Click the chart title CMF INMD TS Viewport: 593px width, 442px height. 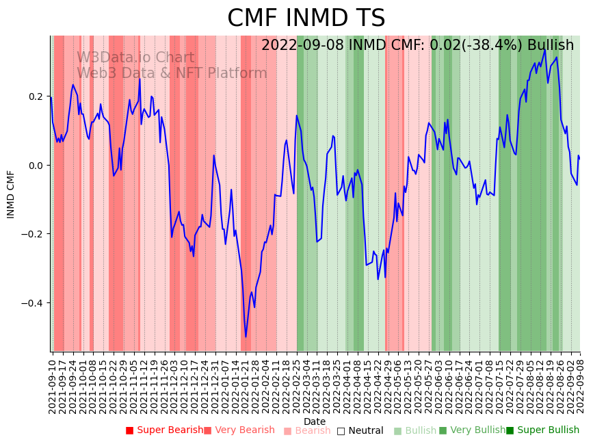[x=306, y=18]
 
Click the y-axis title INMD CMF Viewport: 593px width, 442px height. [x=11, y=194]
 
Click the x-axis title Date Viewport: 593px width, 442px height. [x=315, y=421]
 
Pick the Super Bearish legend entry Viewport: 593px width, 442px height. [x=164, y=430]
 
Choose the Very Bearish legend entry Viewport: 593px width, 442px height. [x=239, y=430]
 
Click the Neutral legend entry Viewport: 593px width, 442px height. [x=360, y=430]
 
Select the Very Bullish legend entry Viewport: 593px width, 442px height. [x=472, y=430]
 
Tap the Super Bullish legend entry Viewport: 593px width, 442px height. [x=542, y=430]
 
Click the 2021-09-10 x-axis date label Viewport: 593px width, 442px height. [x=53, y=384]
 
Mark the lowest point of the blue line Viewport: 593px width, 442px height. [x=246, y=337]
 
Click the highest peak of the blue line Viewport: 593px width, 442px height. [x=545, y=50]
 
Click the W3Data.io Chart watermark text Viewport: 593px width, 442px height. [x=135, y=58]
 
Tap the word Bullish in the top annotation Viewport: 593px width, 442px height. [x=551, y=45]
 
